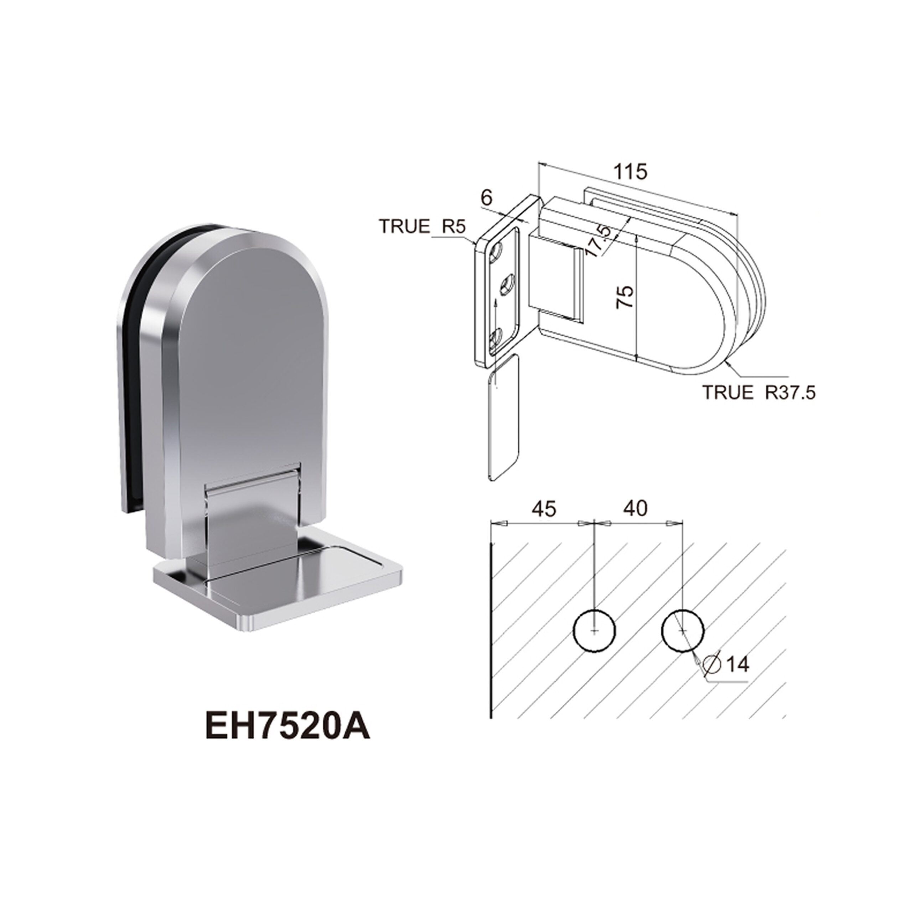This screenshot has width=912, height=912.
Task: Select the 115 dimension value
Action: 631,172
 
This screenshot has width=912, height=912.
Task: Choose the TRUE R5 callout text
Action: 423,227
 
